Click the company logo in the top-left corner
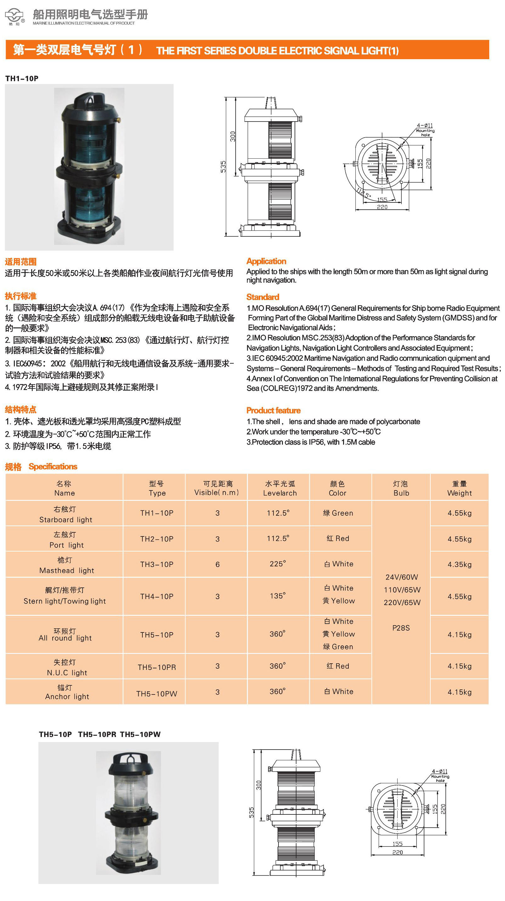pyautogui.click(x=14, y=16)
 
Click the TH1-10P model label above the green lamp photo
pyautogui.click(x=22, y=79)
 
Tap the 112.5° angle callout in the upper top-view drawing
pyautogui.click(x=364, y=193)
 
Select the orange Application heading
pyautogui.click(x=266, y=261)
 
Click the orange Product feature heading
pyautogui.click(x=273, y=410)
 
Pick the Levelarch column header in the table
pyautogui.click(x=280, y=488)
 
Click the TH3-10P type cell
pyautogui.click(x=157, y=564)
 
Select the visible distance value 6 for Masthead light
pyautogui.click(x=217, y=564)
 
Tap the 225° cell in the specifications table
pyautogui.click(x=278, y=564)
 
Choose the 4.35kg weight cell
pyautogui.click(x=459, y=564)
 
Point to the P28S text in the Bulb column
pyautogui.click(x=401, y=628)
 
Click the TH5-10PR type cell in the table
pyautogui.click(x=157, y=667)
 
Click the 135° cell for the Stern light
pyautogui.click(x=278, y=596)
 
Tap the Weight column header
pyautogui.click(x=459, y=488)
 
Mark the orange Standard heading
pyautogui.click(x=262, y=297)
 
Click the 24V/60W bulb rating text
pyautogui.click(x=401, y=577)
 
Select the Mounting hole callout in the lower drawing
pyautogui.click(x=439, y=778)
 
